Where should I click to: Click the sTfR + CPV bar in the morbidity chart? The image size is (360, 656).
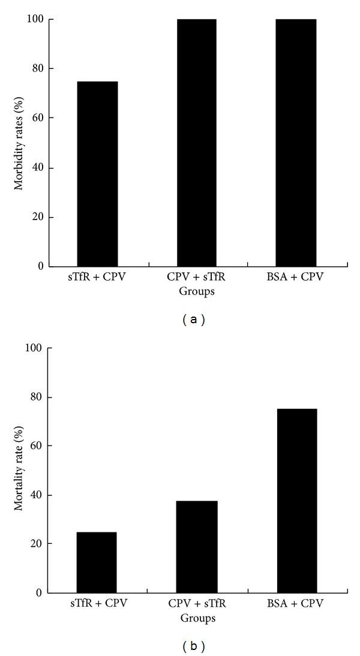pyautogui.click(x=97, y=174)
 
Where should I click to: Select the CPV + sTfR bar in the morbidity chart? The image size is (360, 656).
pyautogui.click(x=197, y=143)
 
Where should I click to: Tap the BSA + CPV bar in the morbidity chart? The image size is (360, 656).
pyautogui.click(x=296, y=143)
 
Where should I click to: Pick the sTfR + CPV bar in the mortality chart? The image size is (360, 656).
pyautogui.click(x=97, y=562)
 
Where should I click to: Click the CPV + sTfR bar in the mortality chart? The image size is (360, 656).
pyautogui.click(x=197, y=547)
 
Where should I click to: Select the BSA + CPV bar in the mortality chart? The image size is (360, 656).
pyautogui.click(x=296, y=501)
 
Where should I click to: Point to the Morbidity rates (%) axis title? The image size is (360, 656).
pyautogui.click(x=20, y=143)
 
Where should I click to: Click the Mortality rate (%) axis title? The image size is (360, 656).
pyautogui.click(x=20, y=470)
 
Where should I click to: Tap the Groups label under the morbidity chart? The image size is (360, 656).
pyautogui.click(x=197, y=292)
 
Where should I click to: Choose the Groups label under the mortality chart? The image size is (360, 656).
pyautogui.click(x=197, y=618)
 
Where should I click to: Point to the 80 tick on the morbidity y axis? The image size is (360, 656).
pyautogui.click(x=37, y=69)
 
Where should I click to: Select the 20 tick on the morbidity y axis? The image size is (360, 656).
pyautogui.click(x=37, y=217)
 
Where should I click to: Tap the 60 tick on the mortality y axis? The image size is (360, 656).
pyautogui.click(x=37, y=446)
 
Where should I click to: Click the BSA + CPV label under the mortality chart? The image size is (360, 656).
pyautogui.click(x=296, y=605)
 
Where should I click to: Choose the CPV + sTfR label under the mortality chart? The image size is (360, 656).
pyautogui.click(x=197, y=605)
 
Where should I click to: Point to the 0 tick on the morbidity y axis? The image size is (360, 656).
pyautogui.click(x=40, y=266)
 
